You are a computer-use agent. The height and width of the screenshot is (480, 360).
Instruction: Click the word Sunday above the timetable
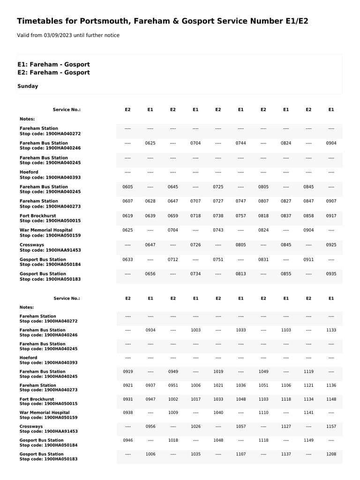coord(28,86)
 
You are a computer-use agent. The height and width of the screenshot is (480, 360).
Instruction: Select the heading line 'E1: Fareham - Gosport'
coord(53,64)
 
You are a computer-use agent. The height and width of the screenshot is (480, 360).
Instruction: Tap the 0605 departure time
coord(127,187)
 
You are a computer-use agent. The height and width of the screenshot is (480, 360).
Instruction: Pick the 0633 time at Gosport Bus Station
coord(127,259)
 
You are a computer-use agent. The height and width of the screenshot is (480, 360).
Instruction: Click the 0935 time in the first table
coord(331,274)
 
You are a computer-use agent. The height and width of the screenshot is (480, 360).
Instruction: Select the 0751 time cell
coord(218,259)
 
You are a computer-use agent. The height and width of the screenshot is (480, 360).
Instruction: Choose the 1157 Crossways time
coord(331,427)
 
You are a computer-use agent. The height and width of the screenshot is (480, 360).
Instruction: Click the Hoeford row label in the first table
coord(29,172)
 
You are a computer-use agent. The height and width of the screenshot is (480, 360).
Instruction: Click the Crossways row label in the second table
coord(31,427)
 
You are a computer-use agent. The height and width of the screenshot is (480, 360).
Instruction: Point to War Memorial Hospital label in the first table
coord(46,230)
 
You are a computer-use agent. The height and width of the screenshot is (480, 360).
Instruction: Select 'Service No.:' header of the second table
coord(67,298)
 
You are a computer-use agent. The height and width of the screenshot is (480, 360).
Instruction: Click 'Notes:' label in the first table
coord(27,119)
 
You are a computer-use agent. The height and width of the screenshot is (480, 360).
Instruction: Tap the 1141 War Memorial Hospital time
coord(308,412)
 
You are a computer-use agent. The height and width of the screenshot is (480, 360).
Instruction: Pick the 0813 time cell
coord(240,274)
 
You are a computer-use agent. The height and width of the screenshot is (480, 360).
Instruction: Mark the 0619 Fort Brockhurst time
coord(127,216)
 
